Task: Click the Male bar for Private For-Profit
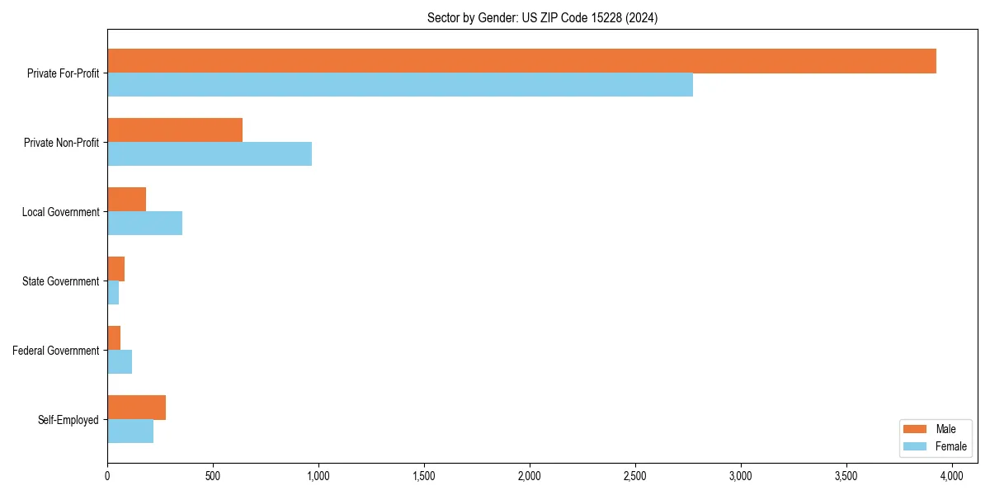point(521,61)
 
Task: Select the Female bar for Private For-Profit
point(400,85)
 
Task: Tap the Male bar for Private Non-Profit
point(175,130)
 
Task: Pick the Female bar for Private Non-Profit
point(210,154)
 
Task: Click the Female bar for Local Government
point(145,224)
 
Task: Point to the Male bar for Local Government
point(127,200)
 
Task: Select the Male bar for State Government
point(116,269)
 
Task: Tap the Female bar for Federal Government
point(120,362)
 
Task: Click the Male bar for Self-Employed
point(137,408)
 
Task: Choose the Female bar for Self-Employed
point(130,431)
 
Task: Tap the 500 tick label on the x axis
point(213,476)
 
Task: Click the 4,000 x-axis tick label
point(952,476)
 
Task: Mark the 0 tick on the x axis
point(107,476)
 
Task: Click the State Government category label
point(61,281)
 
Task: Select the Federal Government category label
point(56,351)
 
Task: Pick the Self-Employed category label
point(68,420)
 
